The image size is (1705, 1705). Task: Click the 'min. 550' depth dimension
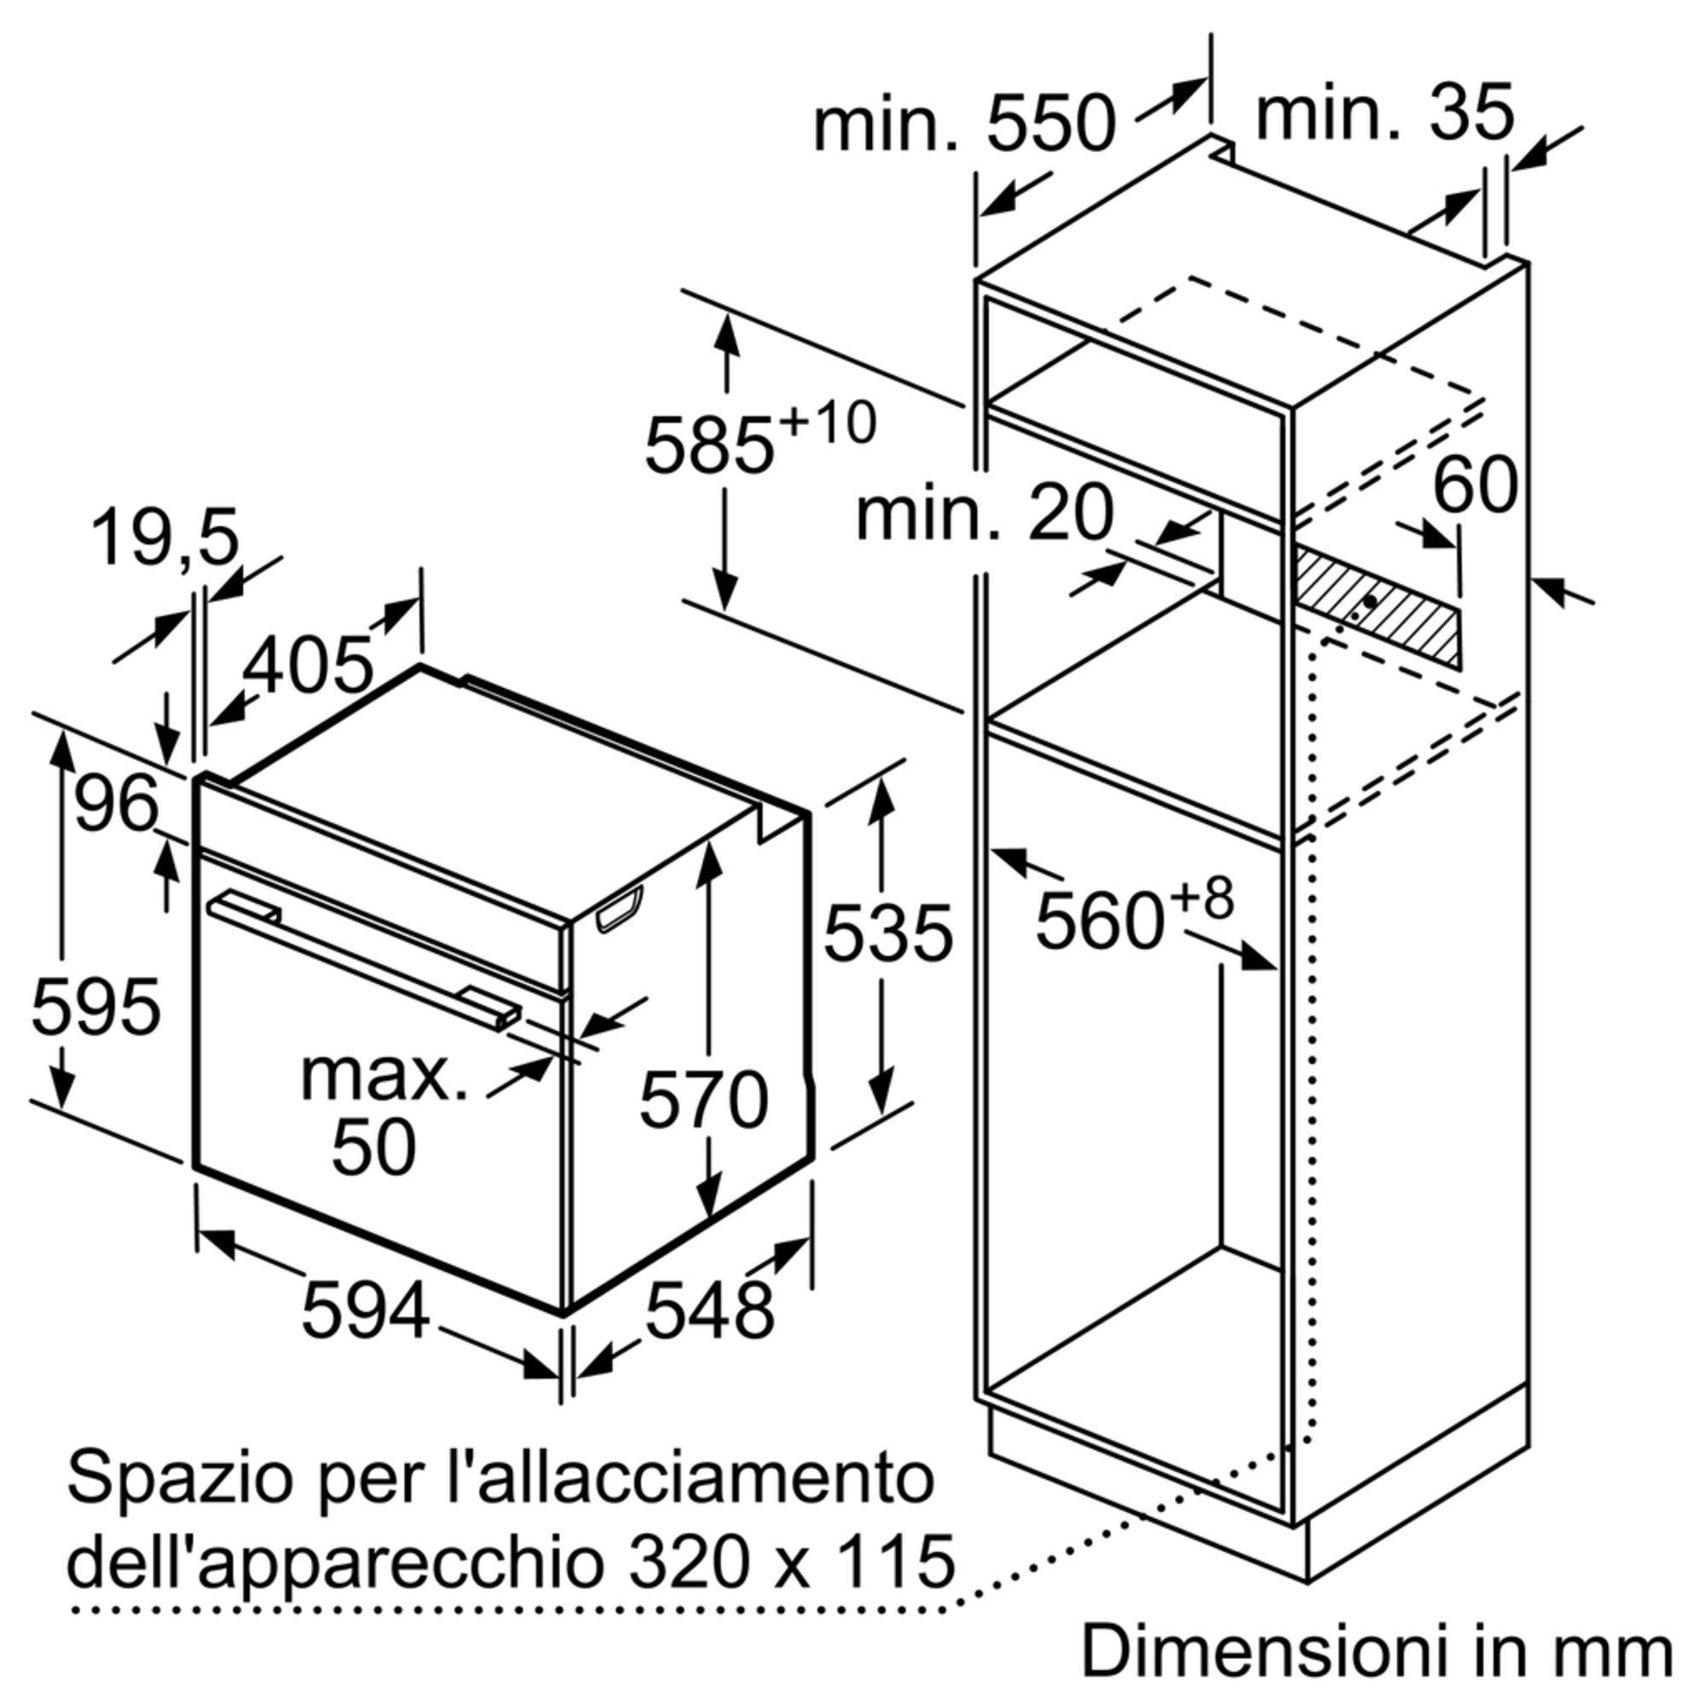point(964,126)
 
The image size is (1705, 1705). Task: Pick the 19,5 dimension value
point(165,538)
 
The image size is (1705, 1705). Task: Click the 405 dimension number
point(308,666)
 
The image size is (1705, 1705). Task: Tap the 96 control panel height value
point(117,803)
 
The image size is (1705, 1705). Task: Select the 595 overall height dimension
point(96,1006)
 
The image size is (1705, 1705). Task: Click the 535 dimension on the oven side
point(888,932)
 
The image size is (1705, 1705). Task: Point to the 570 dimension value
point(703,1100)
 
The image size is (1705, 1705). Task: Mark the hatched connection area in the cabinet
point(1377,608)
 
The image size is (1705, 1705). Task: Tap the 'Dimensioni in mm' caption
point(1378,1650)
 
